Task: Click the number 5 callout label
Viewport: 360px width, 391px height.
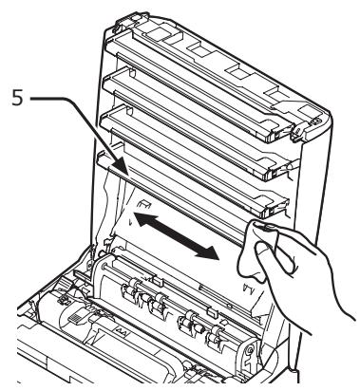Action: coord(12,97)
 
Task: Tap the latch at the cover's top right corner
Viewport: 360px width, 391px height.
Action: coord(306,122)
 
